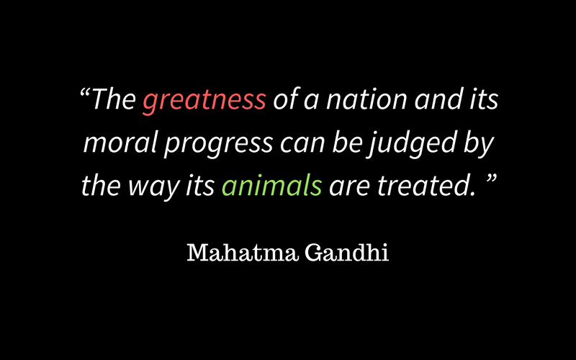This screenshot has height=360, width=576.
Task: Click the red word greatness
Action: [204, 100]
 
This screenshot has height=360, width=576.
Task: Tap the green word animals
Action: [272, 186]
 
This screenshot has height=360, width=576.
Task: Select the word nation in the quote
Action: [366, 99]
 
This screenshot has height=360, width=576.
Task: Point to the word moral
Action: [120, 143]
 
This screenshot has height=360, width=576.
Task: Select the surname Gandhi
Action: [346, 253]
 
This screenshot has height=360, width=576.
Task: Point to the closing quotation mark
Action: [492, 179]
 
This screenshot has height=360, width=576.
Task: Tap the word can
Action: [302, 143]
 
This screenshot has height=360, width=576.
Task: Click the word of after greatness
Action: [286, 100]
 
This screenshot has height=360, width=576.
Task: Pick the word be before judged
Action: [348, 143]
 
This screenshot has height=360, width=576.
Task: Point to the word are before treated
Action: [349, 187]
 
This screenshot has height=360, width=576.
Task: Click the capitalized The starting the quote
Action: [113, 99]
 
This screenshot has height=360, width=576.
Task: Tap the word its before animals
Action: [200, 186]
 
